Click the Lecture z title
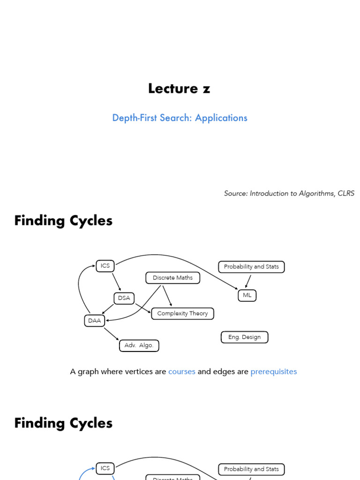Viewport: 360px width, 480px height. (x=179, y=89)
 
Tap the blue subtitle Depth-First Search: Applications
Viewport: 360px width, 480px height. (x=180, y=118)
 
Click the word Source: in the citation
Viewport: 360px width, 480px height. (x=236, y=194)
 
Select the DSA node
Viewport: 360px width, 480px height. (x=124, y=298)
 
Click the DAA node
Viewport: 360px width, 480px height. (x=94, y=321)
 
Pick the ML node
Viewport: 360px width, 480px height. (x=247, y=295)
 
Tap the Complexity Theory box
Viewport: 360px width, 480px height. (x=182, y=314)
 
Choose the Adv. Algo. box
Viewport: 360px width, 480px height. (x=139, y=345)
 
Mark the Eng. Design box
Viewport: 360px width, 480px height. (x=244, y=337)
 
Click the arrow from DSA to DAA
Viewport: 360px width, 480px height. (x=108, y=309)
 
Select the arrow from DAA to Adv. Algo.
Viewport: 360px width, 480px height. (x=112, y=334)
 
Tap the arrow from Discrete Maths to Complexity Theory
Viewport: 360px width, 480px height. (x=167, y=295)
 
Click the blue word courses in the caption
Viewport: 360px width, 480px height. (x=181, y=372)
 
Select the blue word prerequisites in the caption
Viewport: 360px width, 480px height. (x=273, y=372)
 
